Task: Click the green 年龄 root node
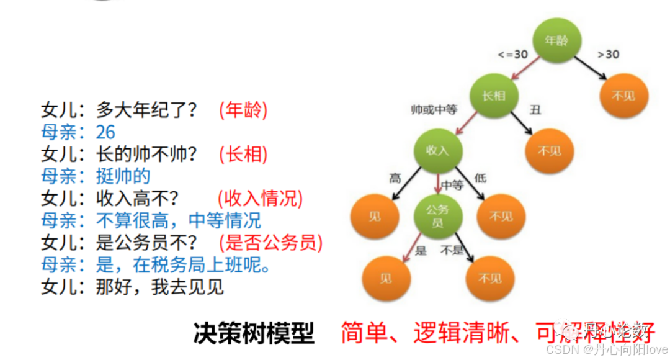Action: click(x=556, y=42)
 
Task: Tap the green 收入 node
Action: click(x=437, y=151)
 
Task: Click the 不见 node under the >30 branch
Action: click(x=623, y=97)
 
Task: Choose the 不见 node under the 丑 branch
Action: click(x=549, y=151)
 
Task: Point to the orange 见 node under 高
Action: click(x=375, y=215)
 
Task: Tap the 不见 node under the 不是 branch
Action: click(x=490, y=278)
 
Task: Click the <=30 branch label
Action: click(x=512, y=55)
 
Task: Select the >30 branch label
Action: click(x=608, y=55)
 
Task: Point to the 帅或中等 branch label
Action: click(x=434, y=110)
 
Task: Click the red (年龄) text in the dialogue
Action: click(x=243, y=110)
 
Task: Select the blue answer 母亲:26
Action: click(x=78, y=132)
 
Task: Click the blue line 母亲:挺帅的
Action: click(x=96, y=176)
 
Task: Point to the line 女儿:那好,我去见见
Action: click(x=132, y=287)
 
